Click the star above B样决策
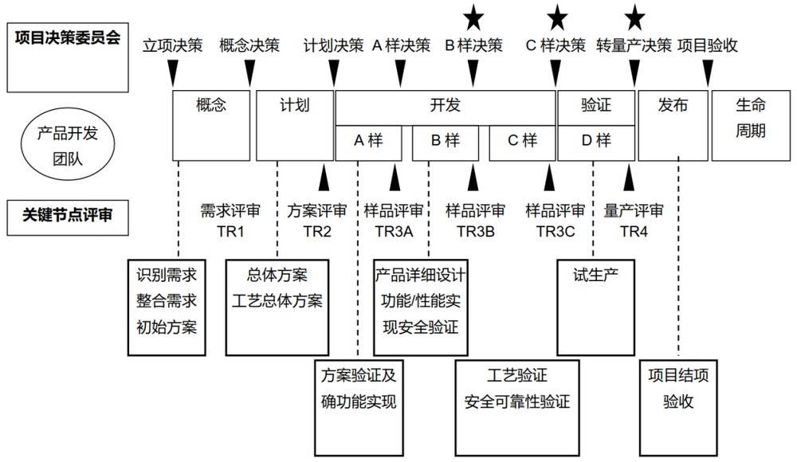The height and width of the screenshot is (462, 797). [x=474, y=14]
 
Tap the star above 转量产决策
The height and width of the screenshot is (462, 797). [x=634, y=14]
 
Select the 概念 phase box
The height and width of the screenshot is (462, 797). [x=211, y=125]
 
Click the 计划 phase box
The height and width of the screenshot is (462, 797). [x=294, y=125]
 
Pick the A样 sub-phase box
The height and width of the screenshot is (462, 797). [x=368, y=142]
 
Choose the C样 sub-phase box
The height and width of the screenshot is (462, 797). [x=522, y=142]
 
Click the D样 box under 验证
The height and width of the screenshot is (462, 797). [x=595, y=142]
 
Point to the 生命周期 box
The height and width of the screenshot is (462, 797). [x=750, y=125]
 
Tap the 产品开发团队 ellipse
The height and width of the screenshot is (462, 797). [x=68, y=146]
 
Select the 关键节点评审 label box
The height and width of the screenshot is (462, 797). [x=68, y=215]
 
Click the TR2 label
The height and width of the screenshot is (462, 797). [x=317, y=231]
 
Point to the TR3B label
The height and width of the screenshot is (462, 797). [x=475, y=231]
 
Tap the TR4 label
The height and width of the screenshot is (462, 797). [x=634, y=231]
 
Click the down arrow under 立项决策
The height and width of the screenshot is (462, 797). [x=173, y=74]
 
